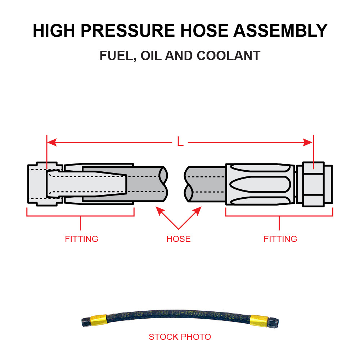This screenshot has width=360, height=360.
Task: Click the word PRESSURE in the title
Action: (130, 31)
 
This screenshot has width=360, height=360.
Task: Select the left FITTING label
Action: (81, 239)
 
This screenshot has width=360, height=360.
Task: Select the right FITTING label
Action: (280, 239)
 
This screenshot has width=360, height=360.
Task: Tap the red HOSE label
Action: (178, 239)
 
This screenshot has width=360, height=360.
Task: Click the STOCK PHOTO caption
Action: (180, 337)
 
